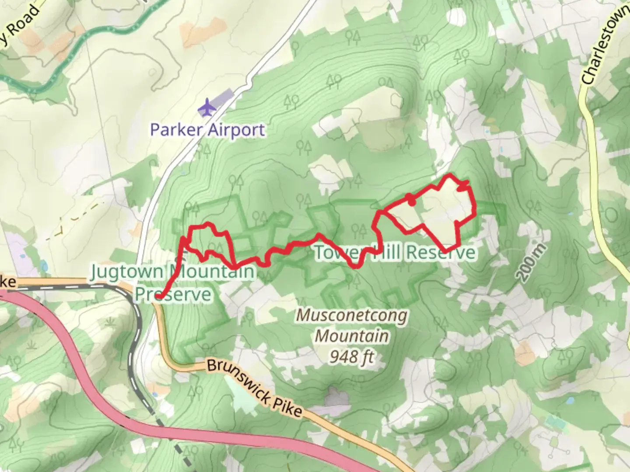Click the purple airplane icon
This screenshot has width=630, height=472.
click(207, 108)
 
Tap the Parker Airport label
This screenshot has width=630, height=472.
click(207, 130)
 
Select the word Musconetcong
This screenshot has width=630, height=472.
click(352, 316)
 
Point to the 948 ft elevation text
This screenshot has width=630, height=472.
click(352, 357)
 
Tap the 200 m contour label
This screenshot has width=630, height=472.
click(531, 262)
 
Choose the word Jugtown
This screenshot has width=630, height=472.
click(126, 272)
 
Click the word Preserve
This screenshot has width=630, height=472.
click(173, 294)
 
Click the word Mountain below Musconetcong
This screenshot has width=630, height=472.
click(352, 336)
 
